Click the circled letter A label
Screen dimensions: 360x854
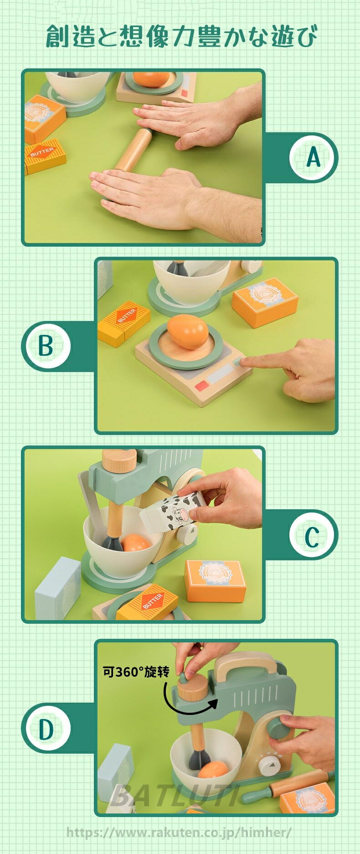tap(314, 157)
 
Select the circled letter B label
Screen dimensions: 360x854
tap(46, 346)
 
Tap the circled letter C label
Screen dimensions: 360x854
tap(314, 534)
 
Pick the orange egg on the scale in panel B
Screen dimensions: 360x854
tap(188, 331)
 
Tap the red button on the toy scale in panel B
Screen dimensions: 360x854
tap(201, 388)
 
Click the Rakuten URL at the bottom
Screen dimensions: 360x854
tap(179, 832)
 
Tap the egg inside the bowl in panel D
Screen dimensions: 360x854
tap(213, 771)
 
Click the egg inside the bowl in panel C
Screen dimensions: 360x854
tap(136, 543)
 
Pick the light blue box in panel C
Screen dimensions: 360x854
tap(58, 588)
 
